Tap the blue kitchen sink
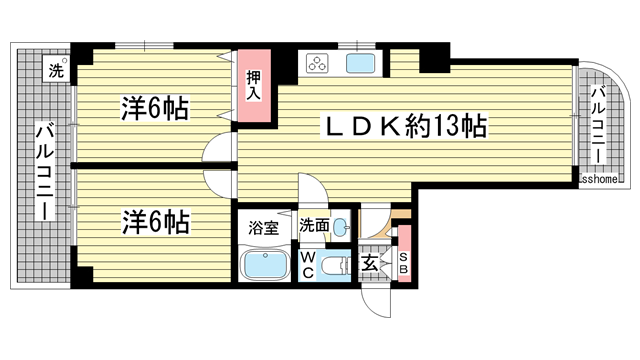(x=360, y=65)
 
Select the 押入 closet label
(x=254, y=86)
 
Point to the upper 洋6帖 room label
(x=158, y=107)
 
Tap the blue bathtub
(x=267, y=267)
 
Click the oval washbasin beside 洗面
(x=340, y=226)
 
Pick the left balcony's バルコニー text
(x=45, y=170)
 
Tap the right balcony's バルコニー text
(x=597, y=125)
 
